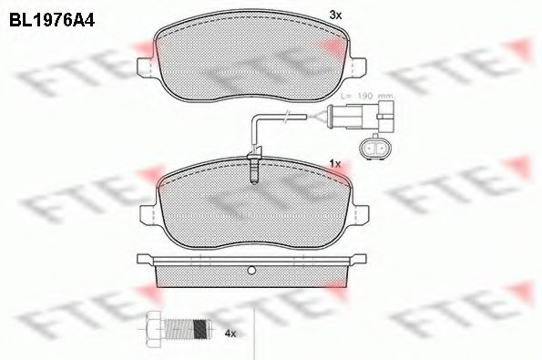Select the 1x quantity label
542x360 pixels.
(334, 163)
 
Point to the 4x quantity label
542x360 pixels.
(231, 334)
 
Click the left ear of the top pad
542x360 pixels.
(144, 68)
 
